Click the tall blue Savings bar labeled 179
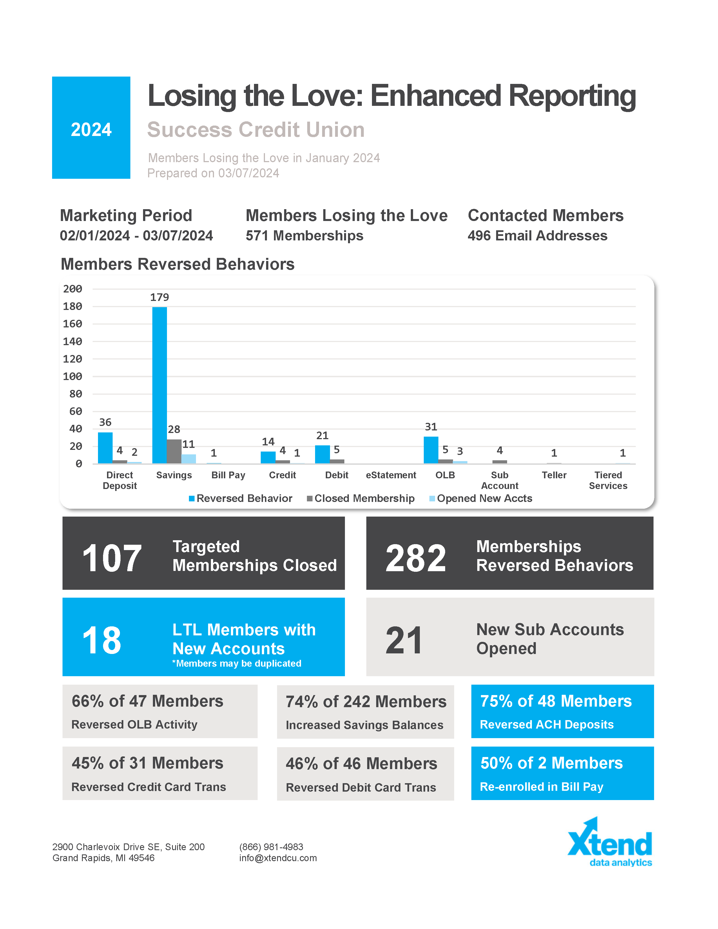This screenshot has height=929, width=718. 159,385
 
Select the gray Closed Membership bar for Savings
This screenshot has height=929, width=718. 174,451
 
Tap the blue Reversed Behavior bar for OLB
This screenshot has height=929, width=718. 431,450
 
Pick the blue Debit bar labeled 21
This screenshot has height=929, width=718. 322,454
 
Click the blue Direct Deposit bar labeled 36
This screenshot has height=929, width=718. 105,448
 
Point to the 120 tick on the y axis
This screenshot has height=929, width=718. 72,359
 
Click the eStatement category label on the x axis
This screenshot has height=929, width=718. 391,475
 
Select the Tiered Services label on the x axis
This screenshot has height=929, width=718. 608,480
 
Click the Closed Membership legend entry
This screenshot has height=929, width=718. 361,499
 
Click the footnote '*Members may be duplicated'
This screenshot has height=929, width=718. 237,664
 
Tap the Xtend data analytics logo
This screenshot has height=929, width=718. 610,842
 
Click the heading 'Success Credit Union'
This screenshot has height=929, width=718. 256,130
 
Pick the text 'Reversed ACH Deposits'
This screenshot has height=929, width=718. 547,724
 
